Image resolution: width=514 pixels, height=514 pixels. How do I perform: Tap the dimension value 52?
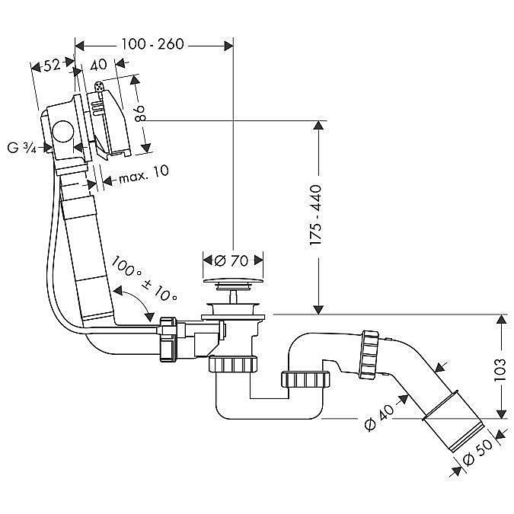coord(53,66)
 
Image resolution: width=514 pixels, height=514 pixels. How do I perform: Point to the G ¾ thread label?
coord(22,148)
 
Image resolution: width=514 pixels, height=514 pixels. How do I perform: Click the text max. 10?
coord(144,172)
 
